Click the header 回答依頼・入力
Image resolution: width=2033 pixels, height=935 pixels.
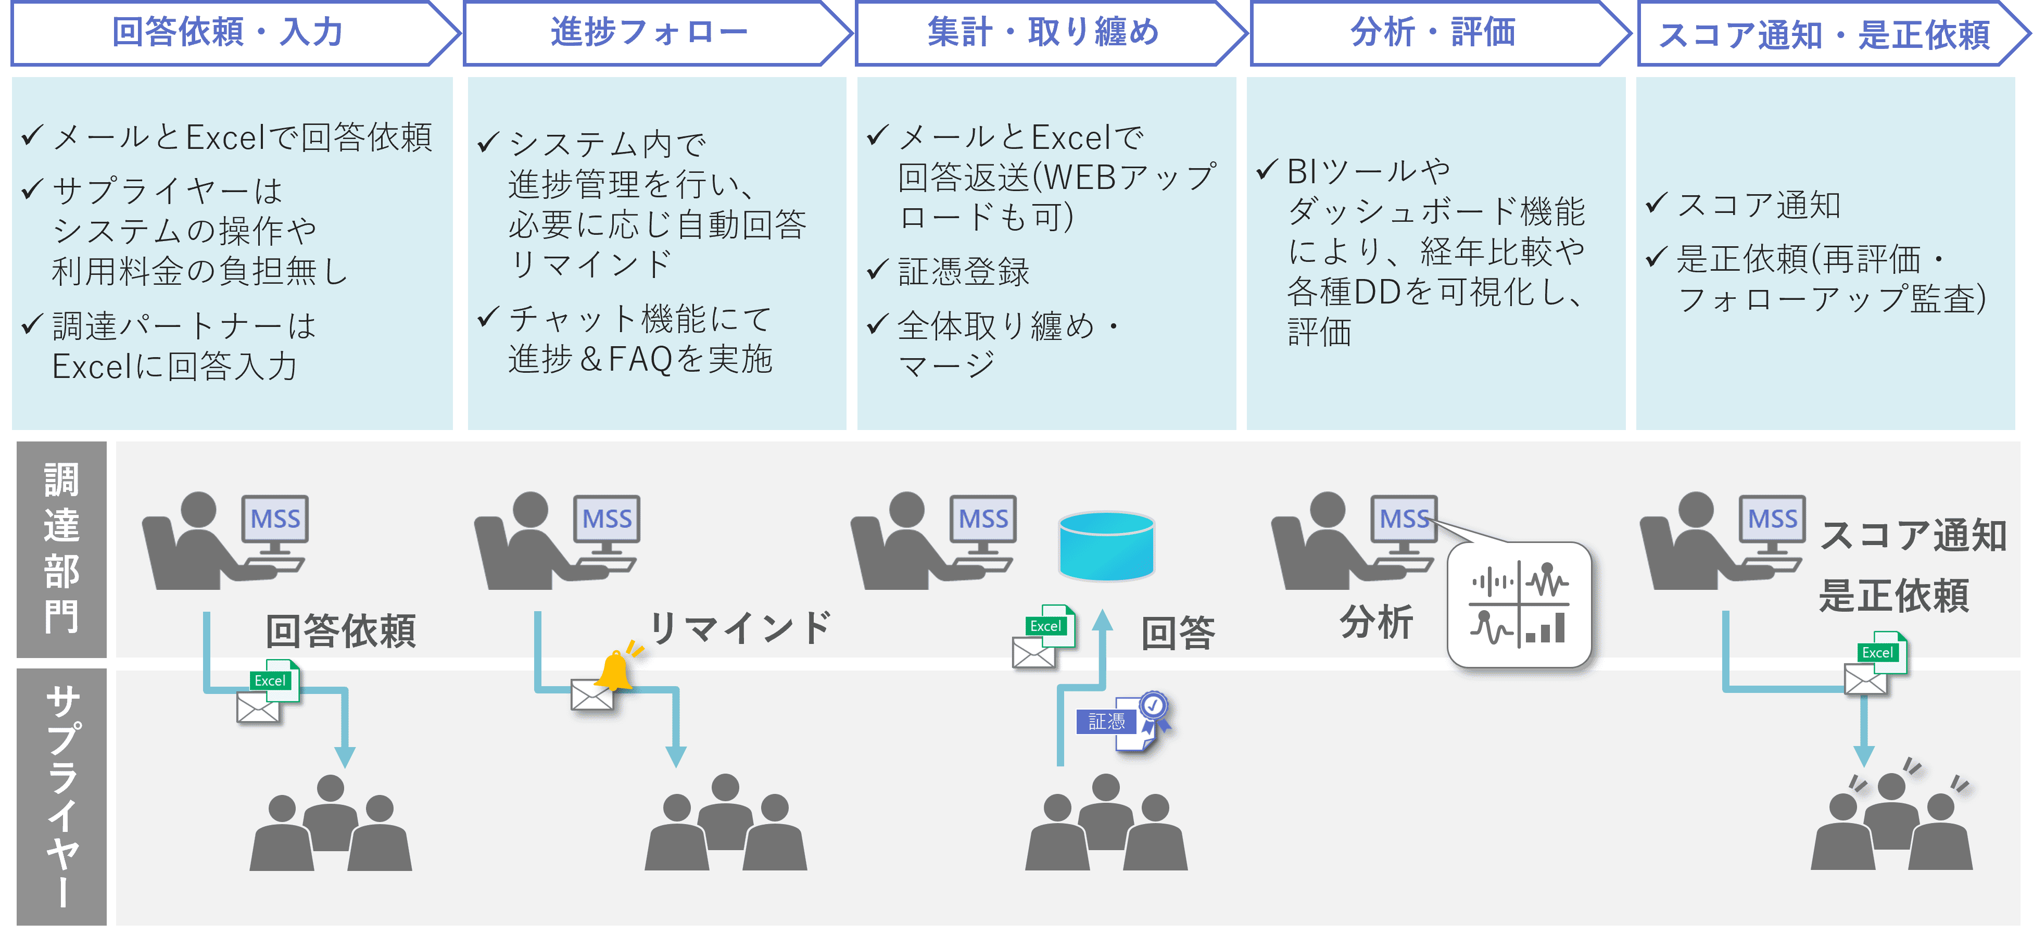[x=228, y=32]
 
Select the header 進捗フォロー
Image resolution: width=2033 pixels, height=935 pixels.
[x=649, y=32]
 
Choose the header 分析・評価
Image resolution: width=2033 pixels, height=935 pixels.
[x=1432, y=32]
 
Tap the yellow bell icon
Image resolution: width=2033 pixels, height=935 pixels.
[x=614, y=672]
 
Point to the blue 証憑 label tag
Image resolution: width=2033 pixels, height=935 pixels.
[x=1106, y=721]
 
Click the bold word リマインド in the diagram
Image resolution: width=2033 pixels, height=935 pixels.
[x=739, y=628]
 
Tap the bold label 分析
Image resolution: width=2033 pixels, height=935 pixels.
[x=1375, y=622]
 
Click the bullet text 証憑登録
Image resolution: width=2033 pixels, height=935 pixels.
[x=963, y=271]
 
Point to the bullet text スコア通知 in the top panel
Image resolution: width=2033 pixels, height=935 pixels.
[x=1758, y=205]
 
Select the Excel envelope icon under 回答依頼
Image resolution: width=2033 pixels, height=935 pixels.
[x=267, y=693]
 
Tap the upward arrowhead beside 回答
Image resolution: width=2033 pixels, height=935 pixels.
[x=1103, y=620]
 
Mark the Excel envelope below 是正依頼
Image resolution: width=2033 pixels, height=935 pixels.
[x=1874, y=664]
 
